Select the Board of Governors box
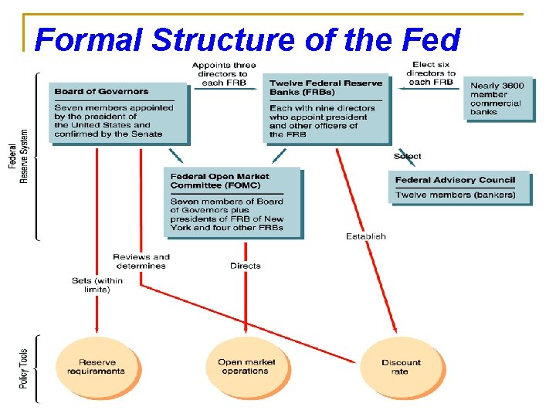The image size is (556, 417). pyautogui.click(x=119, y=112)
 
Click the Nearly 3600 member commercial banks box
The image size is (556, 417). pyautogui.click(x=499, y=98)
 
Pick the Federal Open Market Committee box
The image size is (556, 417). pyautogui.click(x=232, y=202)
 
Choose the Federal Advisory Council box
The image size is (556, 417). pyautogui.click(x=459, y=187)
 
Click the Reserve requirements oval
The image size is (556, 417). pyautogui.click(x=97, y=367)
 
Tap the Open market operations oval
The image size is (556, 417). pyautogui.click(x=246, y=367)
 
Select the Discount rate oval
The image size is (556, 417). pyautogui.click(x=401, y=367)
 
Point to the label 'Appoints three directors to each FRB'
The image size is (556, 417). pyautogui.click(x=224, y=73)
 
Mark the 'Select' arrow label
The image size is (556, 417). pyautogui.click(x=408, y=156)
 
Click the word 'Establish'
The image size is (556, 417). pyautogui.click(x=366, y=236)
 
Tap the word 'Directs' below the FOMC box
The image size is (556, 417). pyautogui.click(x=246, y=266)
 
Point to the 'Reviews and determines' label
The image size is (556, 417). pyautogui.click(x=141, y=261)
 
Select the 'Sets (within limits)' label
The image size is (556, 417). pyautogui.click(x=92, y=285)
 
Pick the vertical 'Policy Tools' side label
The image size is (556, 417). pyautogui.click(x=24, y=368)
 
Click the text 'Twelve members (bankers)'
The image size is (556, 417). pyautogui.click(x=456, y=195)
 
